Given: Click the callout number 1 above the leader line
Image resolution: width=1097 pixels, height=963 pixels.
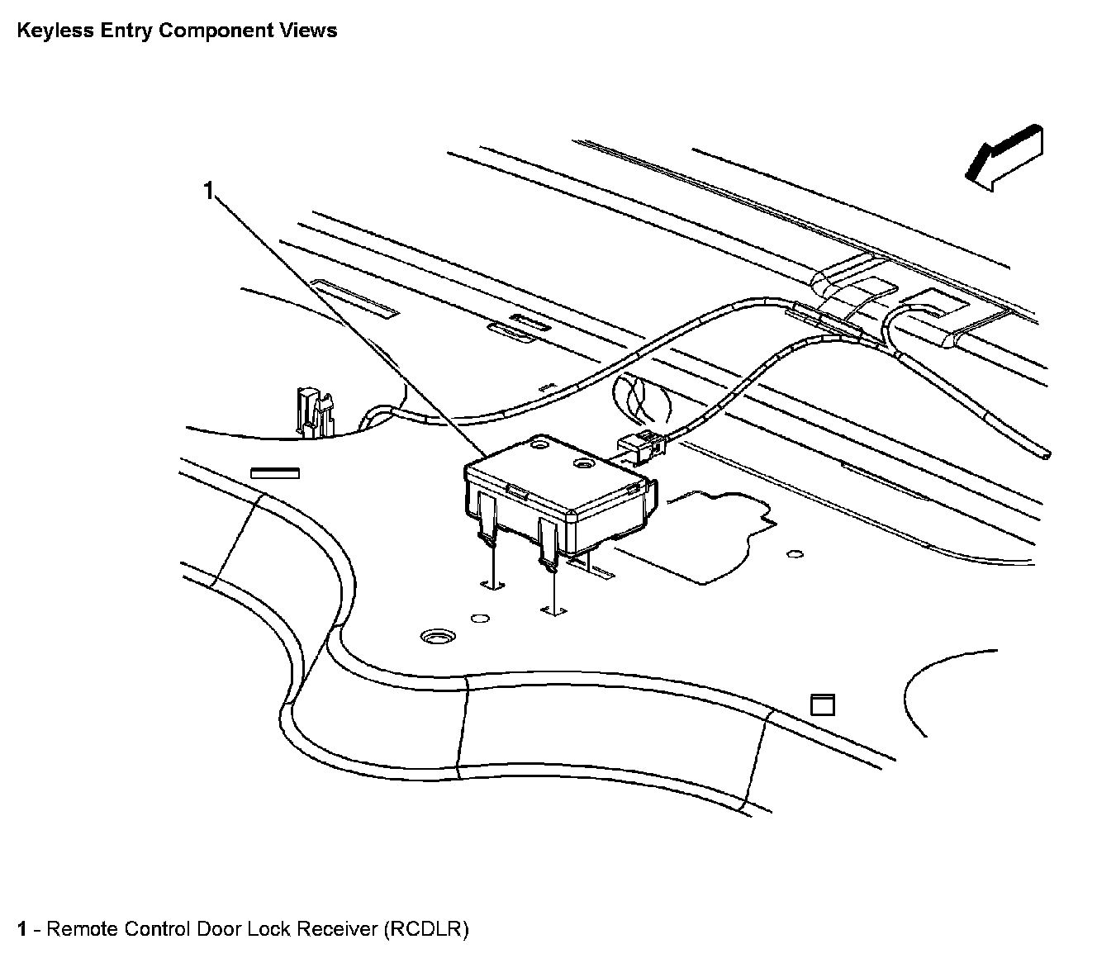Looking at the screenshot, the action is pyautogui.click(x=209, y=192).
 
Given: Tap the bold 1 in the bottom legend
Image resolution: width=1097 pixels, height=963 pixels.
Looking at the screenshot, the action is pyautogui.click(x=22, y=929).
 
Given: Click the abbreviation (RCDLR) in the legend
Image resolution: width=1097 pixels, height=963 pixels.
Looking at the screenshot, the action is pyautogui.click(x=425, y=929).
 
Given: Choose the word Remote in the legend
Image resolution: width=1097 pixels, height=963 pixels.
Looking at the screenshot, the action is pyautogui.click(x=83, y=929).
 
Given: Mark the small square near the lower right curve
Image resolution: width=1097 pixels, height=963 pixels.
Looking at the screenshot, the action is pyautogui.click(x=823, y=704).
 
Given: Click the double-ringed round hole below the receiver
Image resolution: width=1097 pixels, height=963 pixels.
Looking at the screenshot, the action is pyautogui.click(x=437, y=637).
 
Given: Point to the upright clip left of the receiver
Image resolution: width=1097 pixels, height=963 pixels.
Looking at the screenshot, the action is pyautogui.click(x=313, y=410).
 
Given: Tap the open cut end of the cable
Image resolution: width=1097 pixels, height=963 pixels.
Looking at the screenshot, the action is pyautogui.click(x=1047, y=453).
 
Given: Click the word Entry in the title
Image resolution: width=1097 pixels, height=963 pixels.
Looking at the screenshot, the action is pyautogui.click(x=123, y=31).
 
